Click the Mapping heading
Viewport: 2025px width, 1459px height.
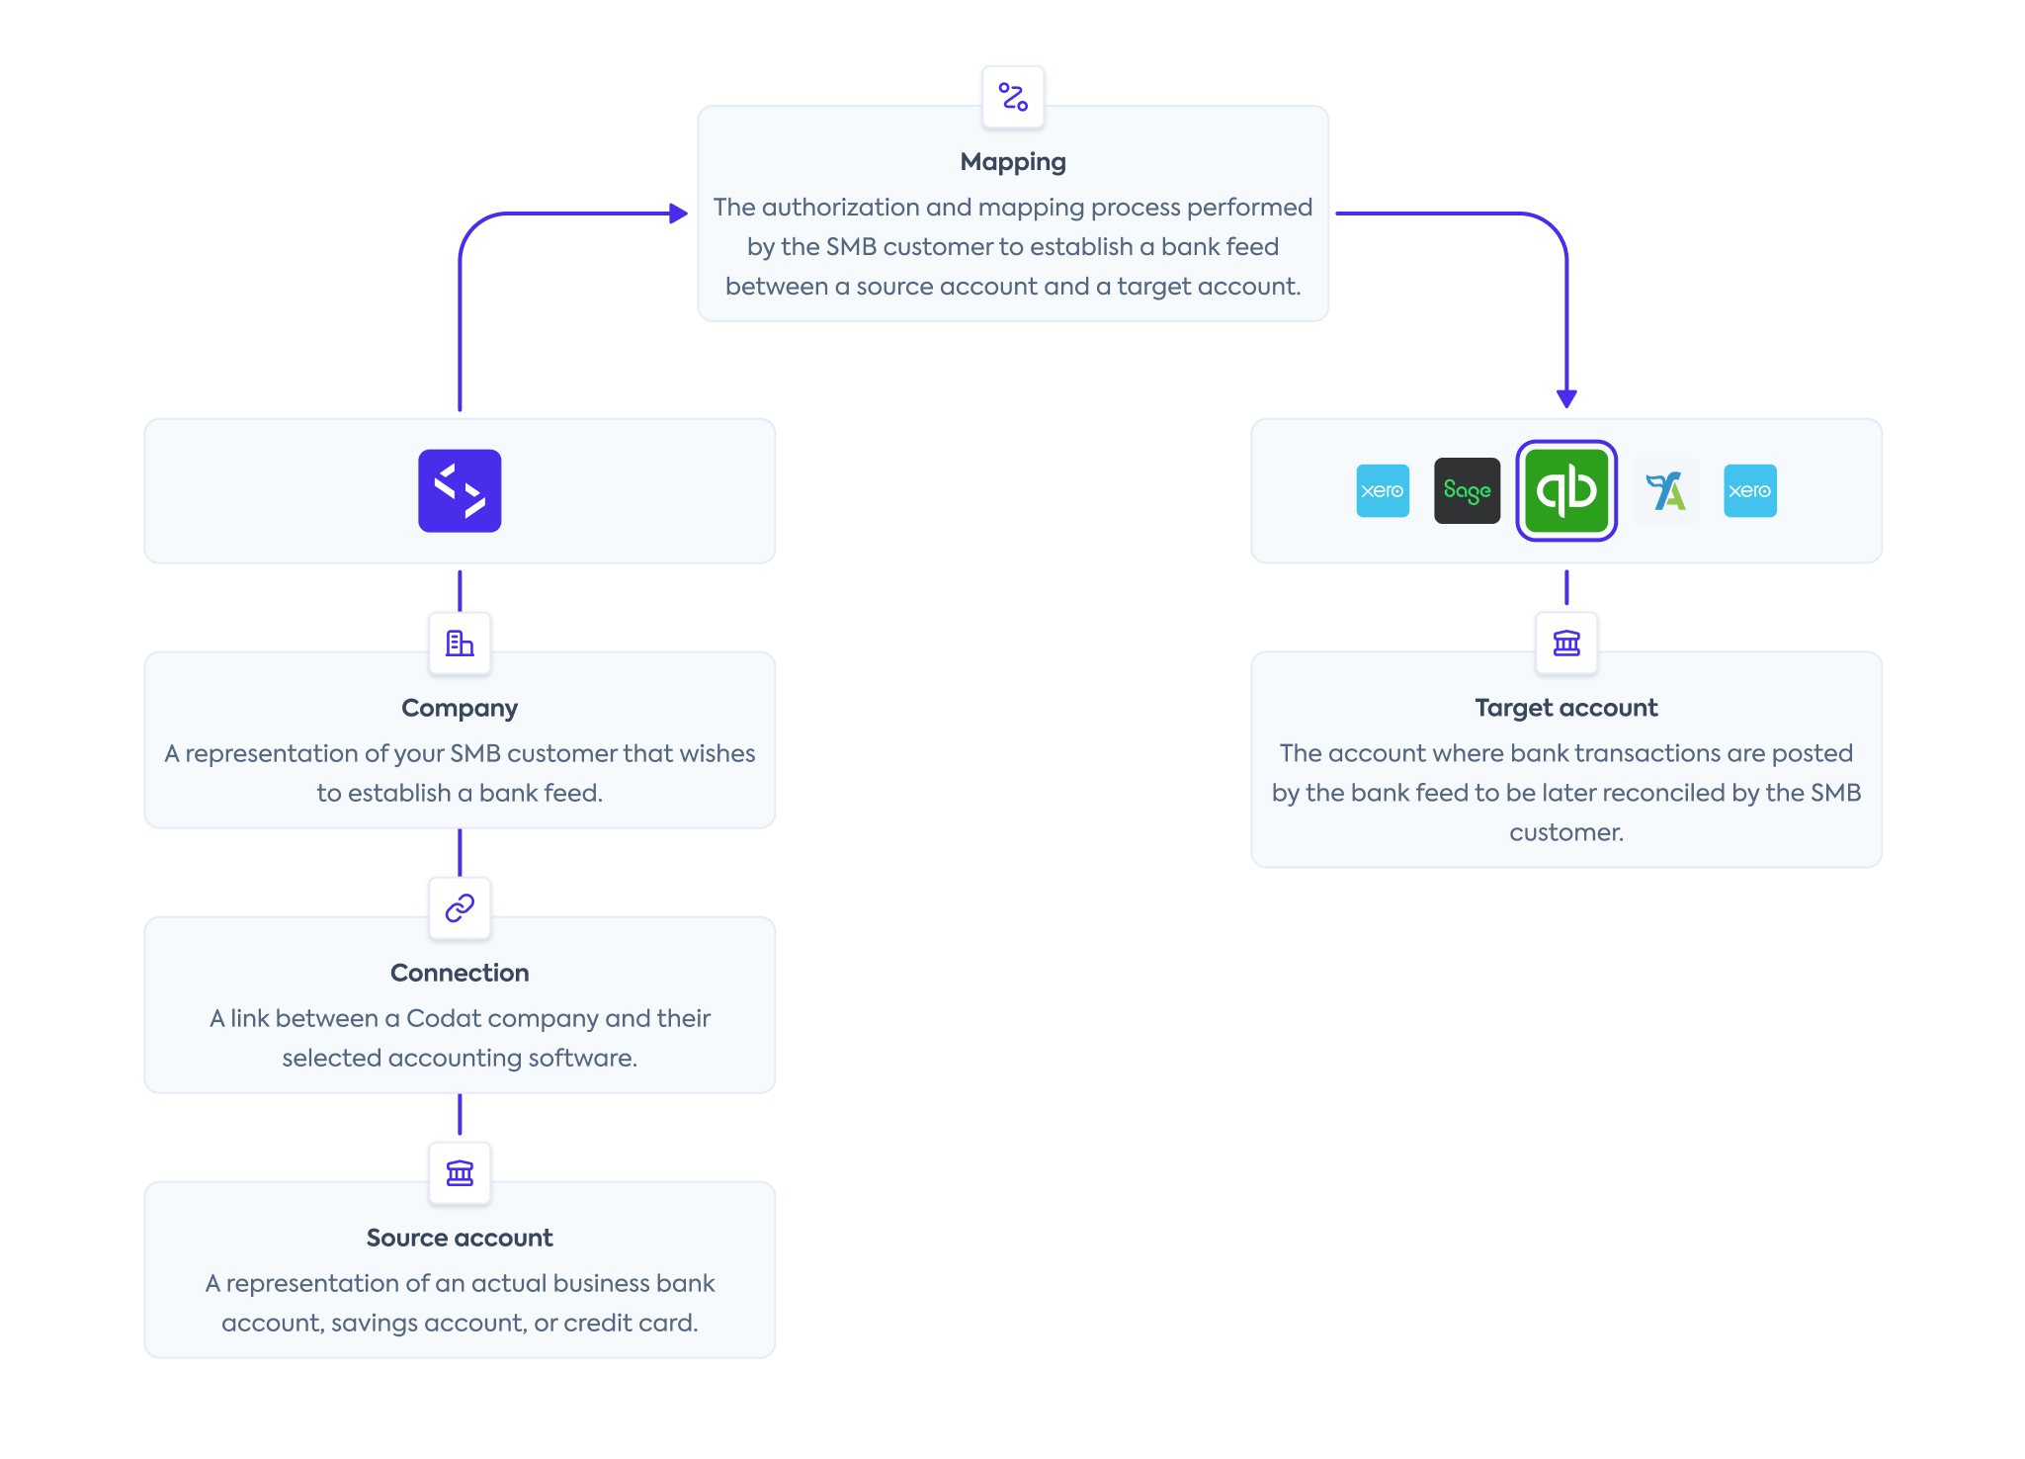(1013, 161)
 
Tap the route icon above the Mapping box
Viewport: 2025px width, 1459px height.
(1013, 97)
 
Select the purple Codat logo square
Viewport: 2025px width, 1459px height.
(460, 491)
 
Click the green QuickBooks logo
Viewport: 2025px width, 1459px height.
(1566, 490)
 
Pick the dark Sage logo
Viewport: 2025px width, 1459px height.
(1467, 490)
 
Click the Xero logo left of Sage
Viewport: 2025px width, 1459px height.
(1383, 490)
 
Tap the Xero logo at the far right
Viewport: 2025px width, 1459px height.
(1749, 490)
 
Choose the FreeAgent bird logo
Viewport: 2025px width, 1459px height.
(1666, 490)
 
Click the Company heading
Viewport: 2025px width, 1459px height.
(460, 708)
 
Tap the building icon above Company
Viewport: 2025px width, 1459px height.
(460, 644)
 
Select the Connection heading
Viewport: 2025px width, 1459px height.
(460, 973)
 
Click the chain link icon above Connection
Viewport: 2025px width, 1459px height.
(460, 907)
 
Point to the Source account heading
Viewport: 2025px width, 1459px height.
(460, 1238)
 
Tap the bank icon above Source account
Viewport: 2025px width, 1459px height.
(460, 1172)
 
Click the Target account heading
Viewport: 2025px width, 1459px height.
(1566, 708)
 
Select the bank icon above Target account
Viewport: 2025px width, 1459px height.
(1566, 644)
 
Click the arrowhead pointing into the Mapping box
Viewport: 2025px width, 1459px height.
(678, 213)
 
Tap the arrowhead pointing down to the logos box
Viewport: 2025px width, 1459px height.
(1566, 398)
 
